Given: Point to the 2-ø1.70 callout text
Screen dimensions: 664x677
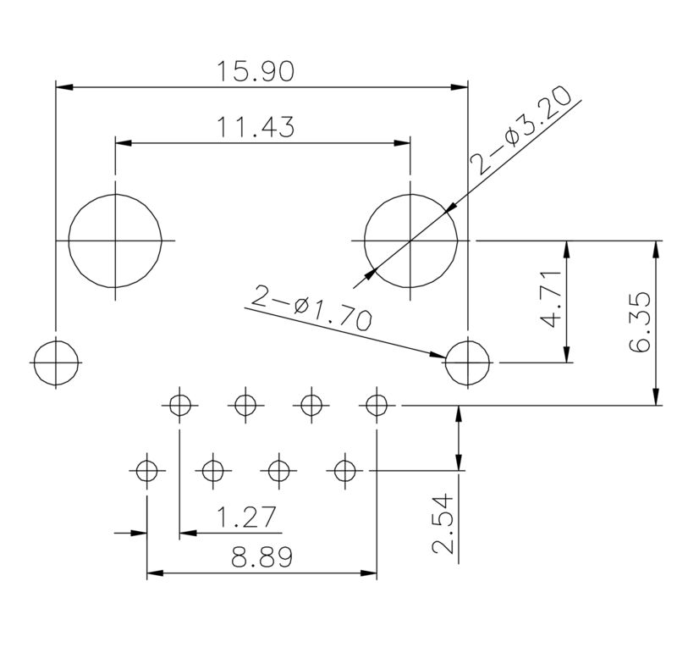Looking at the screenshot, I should pos(311,308).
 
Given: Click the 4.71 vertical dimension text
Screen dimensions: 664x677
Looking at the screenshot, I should pos(552,300).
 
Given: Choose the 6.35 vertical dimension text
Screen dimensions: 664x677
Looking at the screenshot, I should pos(641,322).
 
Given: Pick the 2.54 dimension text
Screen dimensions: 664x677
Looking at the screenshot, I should pos(442,525).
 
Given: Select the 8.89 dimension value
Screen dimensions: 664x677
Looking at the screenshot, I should pos(261,557).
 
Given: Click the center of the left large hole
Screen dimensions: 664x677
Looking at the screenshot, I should pos(115,241).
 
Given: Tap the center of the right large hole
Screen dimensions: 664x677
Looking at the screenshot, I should pos(410,241).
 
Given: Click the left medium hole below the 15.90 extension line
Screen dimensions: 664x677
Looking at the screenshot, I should pos(57,362).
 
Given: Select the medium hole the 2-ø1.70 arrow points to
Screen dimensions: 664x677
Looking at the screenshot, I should pos(467,362).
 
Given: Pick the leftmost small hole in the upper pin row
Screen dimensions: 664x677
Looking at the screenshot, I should pos(179,406).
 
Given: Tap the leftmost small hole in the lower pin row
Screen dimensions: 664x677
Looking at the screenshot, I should pos(147,468).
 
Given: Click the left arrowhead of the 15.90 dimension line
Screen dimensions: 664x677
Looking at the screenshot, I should pos(62,86).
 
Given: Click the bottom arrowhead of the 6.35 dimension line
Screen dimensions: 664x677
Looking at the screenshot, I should pos(656,400).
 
